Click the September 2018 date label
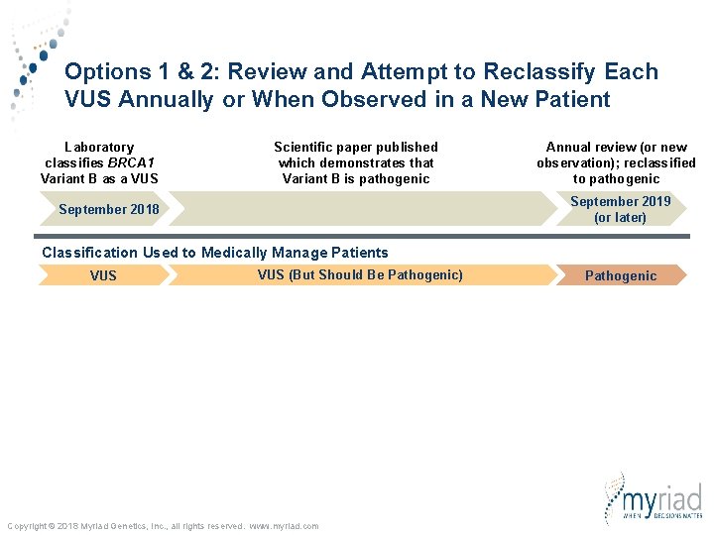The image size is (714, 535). click(108, 209)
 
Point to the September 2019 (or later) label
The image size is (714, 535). click(620, 209)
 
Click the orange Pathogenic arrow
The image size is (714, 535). click(620, 275)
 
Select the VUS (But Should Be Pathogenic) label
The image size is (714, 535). click(360, 274)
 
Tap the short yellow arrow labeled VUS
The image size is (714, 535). click(102, 275)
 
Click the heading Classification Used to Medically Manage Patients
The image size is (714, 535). click(215, 253)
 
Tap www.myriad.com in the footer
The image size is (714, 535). click(285, 526)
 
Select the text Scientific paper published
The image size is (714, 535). click(355, 147)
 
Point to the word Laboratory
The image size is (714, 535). click(99, 147)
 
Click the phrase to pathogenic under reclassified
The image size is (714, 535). click(616, 178)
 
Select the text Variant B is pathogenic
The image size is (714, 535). click(356, 178)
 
